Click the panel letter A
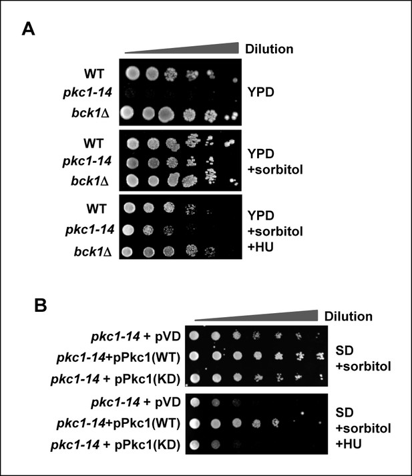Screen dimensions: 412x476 pos(28,29)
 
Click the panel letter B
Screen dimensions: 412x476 pos(40,305)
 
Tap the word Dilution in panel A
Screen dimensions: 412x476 pos(269,49)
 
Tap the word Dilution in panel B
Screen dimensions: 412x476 pos(349,316)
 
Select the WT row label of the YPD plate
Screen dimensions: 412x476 pos(94,73)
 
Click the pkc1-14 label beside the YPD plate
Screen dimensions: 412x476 pos(87,92)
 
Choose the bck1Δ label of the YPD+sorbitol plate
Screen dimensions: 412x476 pos(90,181)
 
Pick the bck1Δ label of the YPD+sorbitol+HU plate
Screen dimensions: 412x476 pos(93,252)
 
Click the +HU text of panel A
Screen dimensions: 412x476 pos(261,247)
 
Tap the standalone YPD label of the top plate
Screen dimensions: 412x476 pos(261,92)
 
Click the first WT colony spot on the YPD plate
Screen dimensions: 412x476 pos(133,73)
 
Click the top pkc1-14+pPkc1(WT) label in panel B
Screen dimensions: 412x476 pos(118,358)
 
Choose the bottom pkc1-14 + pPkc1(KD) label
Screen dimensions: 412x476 pos(116,445)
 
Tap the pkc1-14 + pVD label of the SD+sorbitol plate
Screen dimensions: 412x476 pos(136,336)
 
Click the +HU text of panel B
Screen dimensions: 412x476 pos(349,444)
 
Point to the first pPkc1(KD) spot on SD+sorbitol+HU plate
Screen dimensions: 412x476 pos(194,445)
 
